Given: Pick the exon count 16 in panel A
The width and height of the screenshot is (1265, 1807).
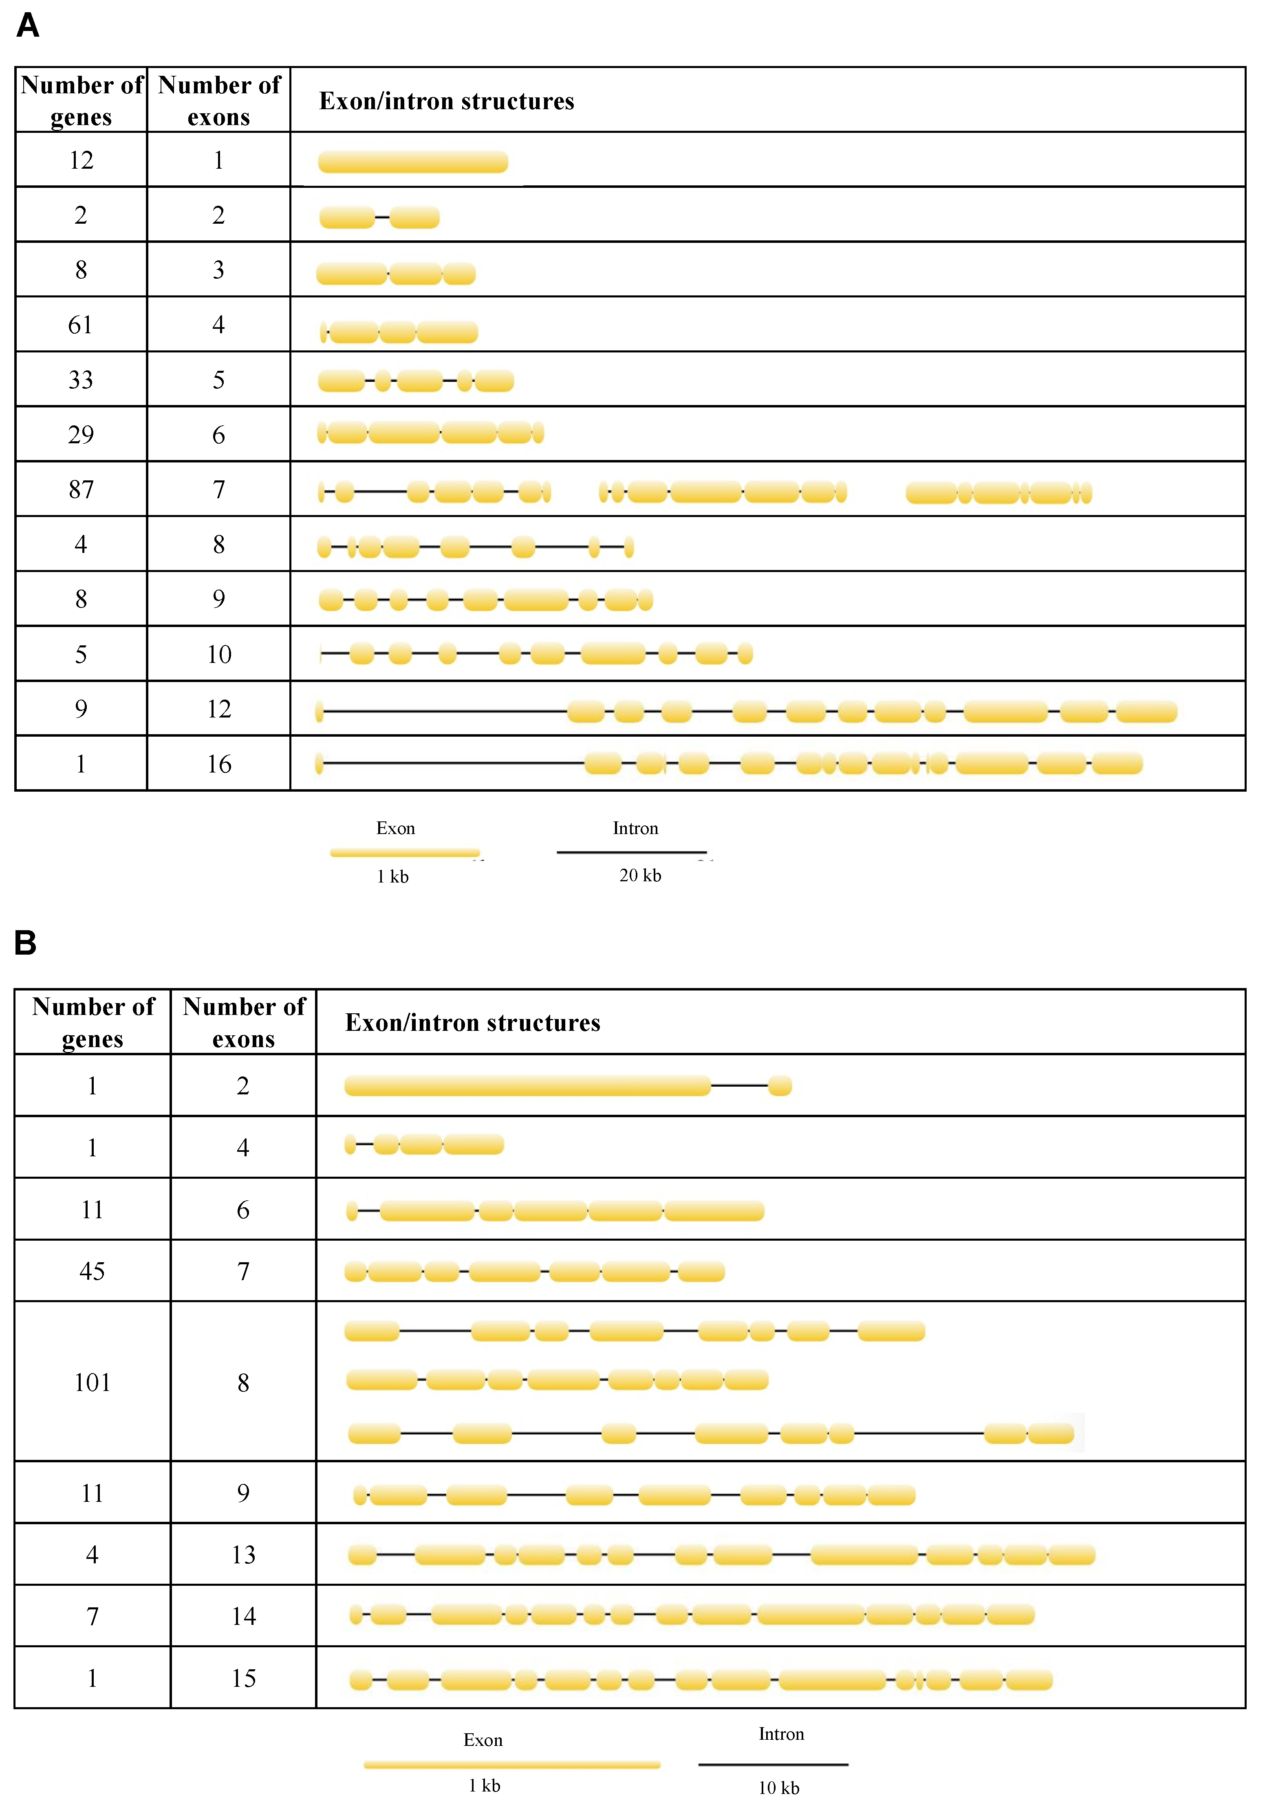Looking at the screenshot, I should pos(219,764).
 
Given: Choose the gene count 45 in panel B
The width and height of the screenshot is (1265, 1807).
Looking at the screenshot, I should pos(92,1271).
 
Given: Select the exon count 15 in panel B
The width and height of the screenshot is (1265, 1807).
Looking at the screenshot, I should pos(243,1678).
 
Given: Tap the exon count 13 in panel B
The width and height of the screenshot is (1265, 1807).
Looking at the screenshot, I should pos(243,1554).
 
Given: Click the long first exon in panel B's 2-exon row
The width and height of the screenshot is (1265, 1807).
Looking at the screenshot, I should pos(527,1086).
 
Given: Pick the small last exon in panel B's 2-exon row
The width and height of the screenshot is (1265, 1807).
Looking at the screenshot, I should pos(779,1086).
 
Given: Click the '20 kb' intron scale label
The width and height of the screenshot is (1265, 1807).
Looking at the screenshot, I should pos(640,875).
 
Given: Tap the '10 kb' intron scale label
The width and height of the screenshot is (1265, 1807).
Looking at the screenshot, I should pos(778,1787).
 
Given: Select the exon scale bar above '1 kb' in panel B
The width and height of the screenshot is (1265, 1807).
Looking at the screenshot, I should pos(512,1765).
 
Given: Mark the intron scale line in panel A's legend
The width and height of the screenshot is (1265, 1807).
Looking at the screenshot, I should pos(631,852).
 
